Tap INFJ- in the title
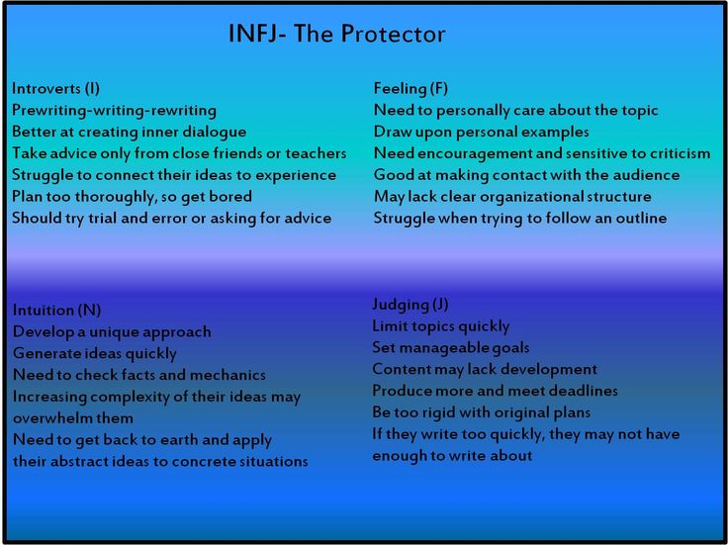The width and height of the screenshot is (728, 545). [257, 34]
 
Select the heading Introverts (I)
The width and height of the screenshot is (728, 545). [55, 88]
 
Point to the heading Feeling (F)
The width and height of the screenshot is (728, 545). [410, 88]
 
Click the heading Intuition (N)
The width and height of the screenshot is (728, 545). [56, 310]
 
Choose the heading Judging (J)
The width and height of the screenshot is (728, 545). [409, 305]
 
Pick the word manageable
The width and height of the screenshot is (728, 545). [441, 348]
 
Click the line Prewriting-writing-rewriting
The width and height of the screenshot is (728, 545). [114, 111]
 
